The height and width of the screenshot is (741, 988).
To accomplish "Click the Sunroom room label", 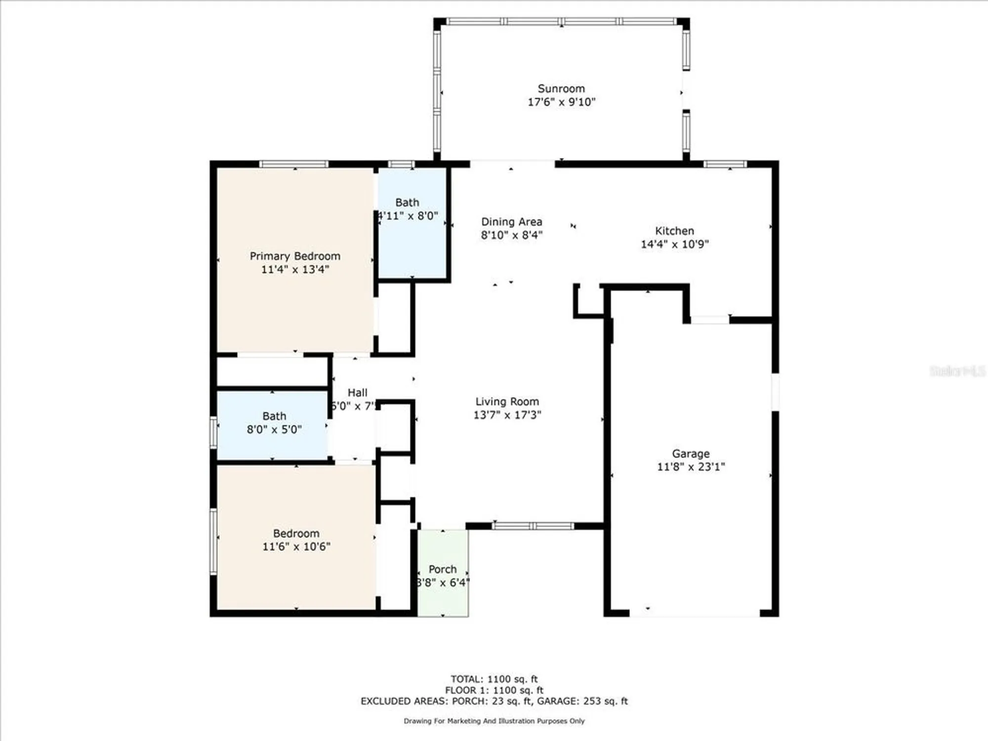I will click(561, 89).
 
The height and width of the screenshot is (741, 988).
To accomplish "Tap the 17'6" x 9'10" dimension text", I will click(562, 102).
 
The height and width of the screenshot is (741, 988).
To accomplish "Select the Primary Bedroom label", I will click(295, 256).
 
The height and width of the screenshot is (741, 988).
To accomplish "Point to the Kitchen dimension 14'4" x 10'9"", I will click(674, 244).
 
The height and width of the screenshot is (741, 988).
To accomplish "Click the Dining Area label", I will click(512, 222).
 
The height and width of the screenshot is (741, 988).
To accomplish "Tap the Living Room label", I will click(507, 402).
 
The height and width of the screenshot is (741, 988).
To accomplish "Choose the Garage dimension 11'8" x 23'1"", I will click(691, 467).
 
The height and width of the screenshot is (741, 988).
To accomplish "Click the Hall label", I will click(357, 393).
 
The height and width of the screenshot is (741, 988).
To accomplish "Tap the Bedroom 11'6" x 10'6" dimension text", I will click(296, 546).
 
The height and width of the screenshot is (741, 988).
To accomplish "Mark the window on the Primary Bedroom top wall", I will click(294, 165).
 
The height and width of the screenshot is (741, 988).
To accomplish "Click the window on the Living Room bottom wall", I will click(533, 526).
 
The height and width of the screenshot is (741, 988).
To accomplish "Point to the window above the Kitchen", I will click(725, 165).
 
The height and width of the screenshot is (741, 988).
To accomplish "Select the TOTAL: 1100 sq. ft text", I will click(494, 679).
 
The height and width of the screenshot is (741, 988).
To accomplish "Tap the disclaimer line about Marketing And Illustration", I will click(494, 721).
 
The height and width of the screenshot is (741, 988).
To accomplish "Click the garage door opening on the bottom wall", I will click(694, 614).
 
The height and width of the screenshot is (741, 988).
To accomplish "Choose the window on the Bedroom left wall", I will click(214, 541).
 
